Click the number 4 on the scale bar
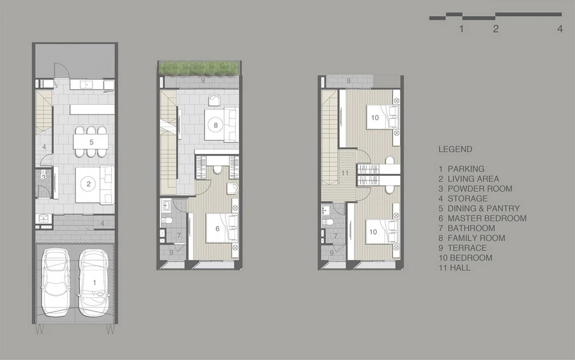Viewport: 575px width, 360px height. coord(560,29)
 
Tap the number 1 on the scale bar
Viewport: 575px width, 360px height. coord(461,29)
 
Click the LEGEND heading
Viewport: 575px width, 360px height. coord(456,150)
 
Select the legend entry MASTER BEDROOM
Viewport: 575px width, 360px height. coord(487,218)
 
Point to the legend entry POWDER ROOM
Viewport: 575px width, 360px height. coord(480,189)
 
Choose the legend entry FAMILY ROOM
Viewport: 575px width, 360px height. coord(477,238)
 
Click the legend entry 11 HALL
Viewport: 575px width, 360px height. coord(454,268)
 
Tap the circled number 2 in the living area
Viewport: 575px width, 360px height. coord(88,184)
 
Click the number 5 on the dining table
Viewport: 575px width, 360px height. coord(91,142)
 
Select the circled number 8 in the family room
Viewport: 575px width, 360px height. coord(216,125)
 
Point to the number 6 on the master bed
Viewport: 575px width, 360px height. coord(217,229)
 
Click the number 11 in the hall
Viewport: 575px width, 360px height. coord(345,173)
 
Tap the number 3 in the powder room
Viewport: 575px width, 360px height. coord(43,178)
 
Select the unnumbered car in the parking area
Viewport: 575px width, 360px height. coord(56,282)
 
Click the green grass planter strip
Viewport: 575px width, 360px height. coord(199,68)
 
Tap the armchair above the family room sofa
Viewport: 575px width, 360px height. coord(213,100)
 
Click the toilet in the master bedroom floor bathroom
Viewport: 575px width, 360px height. coord(167,221)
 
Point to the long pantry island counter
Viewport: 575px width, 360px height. coord(92,109)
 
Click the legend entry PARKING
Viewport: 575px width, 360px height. coord(466,169)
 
